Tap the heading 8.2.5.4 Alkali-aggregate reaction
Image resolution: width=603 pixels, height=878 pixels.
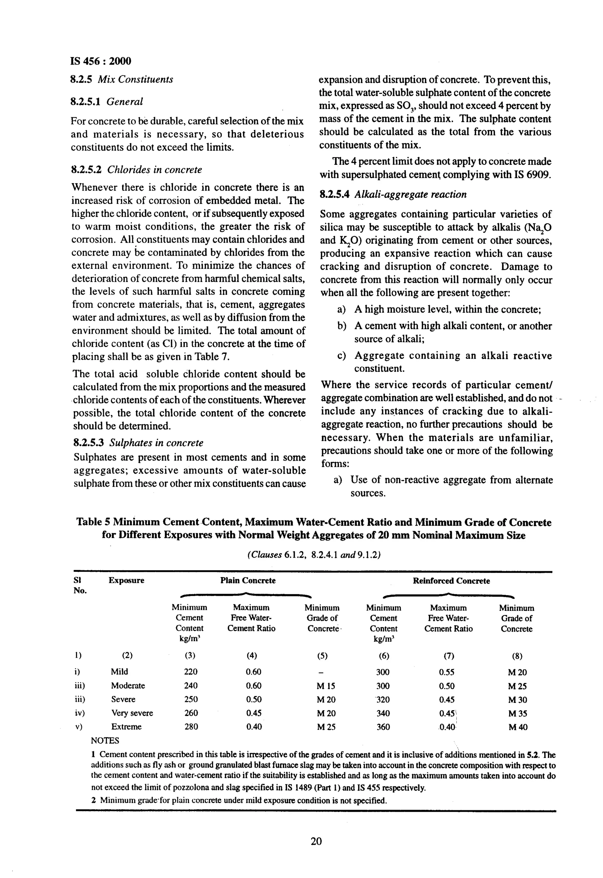click(393, 195)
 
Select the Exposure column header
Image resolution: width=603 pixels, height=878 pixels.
click(126, 581)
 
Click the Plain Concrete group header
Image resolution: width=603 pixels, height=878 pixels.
click(248, 581)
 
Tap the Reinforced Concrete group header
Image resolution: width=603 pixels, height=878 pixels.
click(451, 581)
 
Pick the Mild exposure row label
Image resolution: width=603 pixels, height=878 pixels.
click(119, 672)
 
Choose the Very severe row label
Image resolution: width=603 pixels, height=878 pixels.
click(132, 713)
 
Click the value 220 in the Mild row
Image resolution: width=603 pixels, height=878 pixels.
click(191, 672)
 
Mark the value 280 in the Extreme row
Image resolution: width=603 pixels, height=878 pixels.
click(191, 726)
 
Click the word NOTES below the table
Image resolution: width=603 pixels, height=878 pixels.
click(105, 740)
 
